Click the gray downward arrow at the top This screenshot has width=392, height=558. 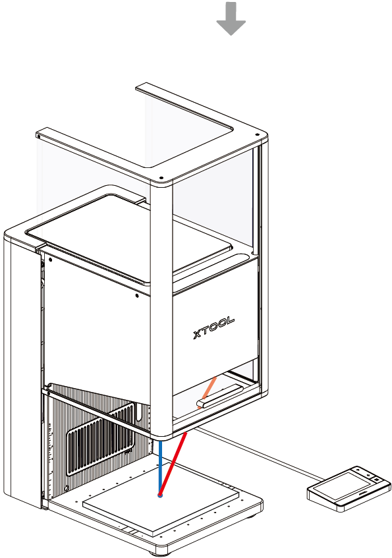231,18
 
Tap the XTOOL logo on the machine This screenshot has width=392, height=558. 213,327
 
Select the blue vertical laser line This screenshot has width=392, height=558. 161,467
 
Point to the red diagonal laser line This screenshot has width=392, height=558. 173,464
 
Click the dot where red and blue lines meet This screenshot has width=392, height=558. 160,495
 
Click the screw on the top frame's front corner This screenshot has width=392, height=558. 161,178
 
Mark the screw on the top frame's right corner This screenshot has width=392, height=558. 257,135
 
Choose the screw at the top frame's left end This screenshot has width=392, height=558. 38,135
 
